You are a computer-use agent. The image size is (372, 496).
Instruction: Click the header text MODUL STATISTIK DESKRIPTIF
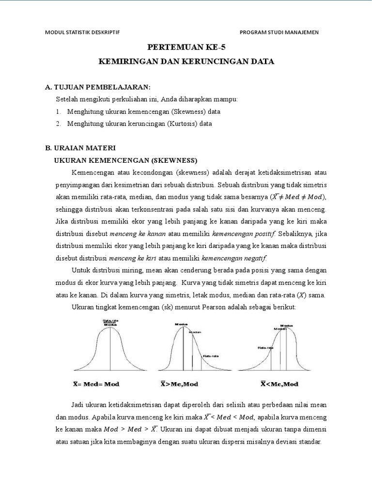pyautogui.click(x=82, y=32)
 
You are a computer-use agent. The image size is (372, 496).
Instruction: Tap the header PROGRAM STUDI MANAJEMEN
pyautogui.click(x=279, y=32)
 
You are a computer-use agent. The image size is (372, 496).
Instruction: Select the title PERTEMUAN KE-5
pyautogui.click(x=186, y=47)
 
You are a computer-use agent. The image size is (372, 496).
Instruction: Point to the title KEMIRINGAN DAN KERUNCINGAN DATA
pyautogui.click(x=186, y=62)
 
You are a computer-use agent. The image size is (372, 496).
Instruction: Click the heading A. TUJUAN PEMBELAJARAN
pyautogui.click(x=98, y=87)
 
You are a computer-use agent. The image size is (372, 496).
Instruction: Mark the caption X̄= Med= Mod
pyautogui.click(x=96, y=384)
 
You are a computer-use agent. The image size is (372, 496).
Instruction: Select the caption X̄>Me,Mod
pyautogui.click(x=179, y=384)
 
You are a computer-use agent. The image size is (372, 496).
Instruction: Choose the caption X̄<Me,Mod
pyautogui.click(x=279, y=384)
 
